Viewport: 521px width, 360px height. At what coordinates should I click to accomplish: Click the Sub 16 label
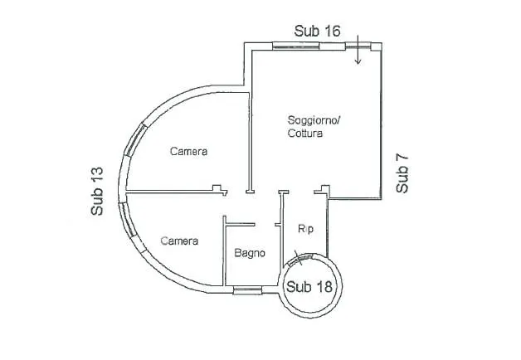(x=317, y=31)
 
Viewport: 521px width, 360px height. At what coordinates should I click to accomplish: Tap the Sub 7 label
(x=402, y=174)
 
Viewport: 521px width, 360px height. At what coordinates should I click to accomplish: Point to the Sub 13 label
(x=97, y=192)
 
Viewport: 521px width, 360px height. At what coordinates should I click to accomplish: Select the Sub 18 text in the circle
(x=309, y=287)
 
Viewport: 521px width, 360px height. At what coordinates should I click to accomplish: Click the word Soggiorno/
(x=314, y=120)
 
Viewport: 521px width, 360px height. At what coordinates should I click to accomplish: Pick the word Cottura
(x=305, y=134)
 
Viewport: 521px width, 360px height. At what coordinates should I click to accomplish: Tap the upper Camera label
(x=188, y=152)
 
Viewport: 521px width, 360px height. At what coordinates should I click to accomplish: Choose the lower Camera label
(x=179, y=241)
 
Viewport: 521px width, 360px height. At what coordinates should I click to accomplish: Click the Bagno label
(x=250, y=253)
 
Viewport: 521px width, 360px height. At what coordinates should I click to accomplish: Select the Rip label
(x=305, y=229)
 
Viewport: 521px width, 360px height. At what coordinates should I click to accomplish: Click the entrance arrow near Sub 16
(x=358, y=49)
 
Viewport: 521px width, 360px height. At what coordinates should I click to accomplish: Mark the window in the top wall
(x=295, y=46)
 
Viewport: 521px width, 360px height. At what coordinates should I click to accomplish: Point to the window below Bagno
(x=247, y=290)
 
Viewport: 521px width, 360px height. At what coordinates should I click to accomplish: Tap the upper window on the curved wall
(x=135, y=139)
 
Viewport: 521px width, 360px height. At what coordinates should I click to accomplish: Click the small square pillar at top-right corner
(x=376, y=46)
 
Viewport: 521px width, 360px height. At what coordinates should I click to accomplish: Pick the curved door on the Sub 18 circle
(x=300, y=259)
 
